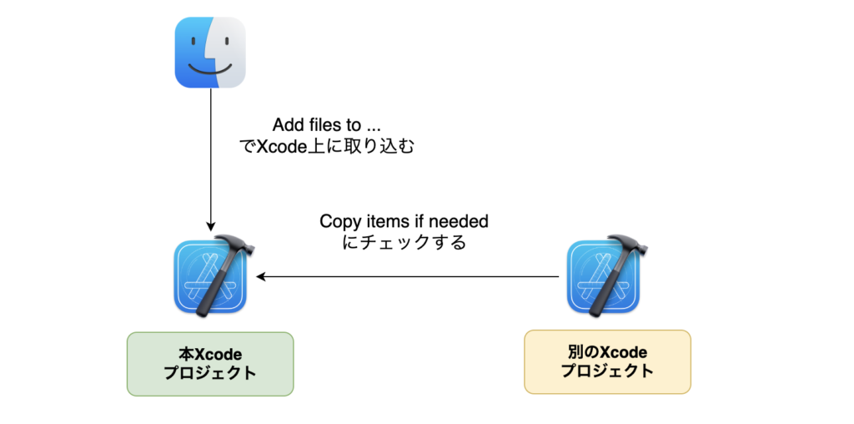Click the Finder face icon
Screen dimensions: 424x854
(x=210, y=53)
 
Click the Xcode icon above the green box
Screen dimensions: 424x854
(x=210, y=278)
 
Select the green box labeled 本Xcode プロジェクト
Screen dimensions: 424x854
(x=210, y=364)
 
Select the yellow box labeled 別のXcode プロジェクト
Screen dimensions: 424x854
(x=607, y=362)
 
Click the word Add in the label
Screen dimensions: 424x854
(x=288, y=126)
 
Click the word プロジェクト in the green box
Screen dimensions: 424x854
(x=210, y=373)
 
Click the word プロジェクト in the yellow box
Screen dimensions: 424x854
(x=607, y=371)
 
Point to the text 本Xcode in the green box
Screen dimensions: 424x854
(x=210, y=354)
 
